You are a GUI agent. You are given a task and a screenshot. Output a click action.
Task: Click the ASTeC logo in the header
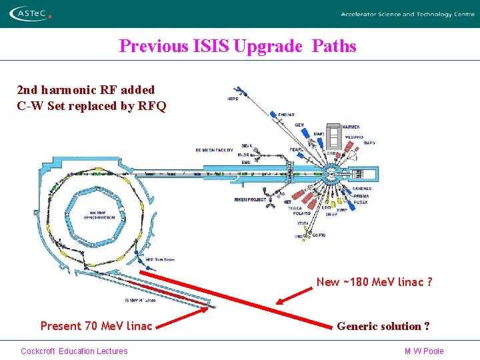point(31,13)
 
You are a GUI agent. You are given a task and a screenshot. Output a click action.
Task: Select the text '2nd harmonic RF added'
point(85,89)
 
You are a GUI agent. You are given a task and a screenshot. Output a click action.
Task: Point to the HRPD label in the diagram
point(232,99)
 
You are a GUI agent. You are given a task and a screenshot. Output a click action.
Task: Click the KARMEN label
point(351,127)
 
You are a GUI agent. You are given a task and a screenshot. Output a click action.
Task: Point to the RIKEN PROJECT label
point(250,199)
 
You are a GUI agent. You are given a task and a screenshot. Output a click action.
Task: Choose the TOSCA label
point(295,209)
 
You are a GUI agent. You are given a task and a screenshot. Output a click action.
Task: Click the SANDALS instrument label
point(362,189)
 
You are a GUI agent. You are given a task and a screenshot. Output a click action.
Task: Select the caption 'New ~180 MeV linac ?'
point(374,282)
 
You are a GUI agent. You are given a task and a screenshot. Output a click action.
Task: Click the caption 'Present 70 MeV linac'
point(96,326)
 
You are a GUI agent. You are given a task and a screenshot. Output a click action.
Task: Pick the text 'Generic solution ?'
point(383,326)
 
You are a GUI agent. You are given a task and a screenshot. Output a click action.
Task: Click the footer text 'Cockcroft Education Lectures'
point(74,351)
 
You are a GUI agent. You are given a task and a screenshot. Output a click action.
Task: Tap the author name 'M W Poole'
point(424,351)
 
